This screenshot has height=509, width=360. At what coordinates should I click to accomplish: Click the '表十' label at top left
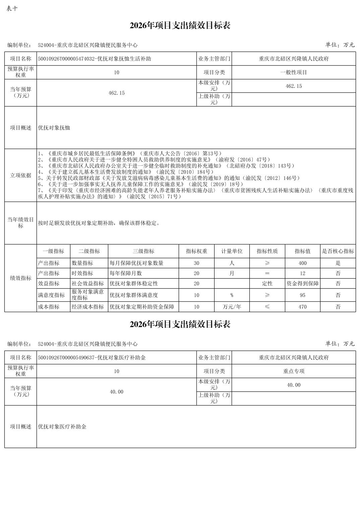[12, 9]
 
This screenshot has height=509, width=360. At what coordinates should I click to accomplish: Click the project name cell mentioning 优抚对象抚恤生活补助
[95, 59]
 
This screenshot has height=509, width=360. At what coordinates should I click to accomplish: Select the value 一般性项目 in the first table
[294, 72]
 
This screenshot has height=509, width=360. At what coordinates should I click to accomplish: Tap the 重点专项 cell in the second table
[294, 371]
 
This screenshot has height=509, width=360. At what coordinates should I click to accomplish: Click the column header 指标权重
[196, 251]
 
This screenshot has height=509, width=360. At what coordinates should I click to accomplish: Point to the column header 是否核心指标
[338, 251]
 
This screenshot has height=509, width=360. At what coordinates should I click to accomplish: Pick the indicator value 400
[302, 263]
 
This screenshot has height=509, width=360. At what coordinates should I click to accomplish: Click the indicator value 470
[302, 307]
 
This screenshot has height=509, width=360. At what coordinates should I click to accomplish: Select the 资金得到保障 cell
[302, 284]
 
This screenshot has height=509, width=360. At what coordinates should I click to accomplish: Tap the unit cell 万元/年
[232, 307]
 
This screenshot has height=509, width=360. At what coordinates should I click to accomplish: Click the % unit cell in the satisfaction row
[232, 295]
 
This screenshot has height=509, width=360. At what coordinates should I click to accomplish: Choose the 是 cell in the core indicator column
[338, 263]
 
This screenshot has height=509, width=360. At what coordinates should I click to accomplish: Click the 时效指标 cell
[82, 273]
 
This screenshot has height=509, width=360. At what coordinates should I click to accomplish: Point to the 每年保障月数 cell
[126, 273]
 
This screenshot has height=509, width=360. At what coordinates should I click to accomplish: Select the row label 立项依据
[20, 175]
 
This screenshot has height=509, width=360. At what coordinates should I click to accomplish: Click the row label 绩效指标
[20, 278]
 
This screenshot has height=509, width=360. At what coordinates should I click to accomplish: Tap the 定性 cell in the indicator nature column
[267, 284]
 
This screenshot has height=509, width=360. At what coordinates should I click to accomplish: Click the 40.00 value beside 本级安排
[294, 385]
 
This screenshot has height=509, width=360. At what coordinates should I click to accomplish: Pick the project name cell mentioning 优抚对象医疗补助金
[92, 358]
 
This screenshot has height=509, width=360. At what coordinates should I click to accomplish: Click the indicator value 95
[302, 295]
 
